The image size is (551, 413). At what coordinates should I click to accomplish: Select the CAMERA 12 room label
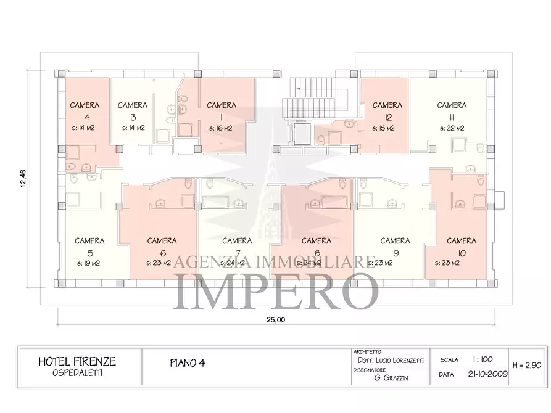(387, 105)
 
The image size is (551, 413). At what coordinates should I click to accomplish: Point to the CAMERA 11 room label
(451, 105)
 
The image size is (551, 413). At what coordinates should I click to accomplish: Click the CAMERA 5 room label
(89, 241)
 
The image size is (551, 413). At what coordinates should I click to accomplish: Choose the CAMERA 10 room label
(461, 241)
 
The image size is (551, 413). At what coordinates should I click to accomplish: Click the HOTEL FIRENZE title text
(77, 361)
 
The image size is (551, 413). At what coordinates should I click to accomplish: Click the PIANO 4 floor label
(187, 363)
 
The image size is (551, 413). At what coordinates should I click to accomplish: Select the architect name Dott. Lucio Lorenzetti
(386, 359)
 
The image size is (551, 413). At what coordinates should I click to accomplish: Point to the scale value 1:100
(483, 359)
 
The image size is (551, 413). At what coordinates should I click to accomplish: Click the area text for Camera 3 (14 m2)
(133, 128)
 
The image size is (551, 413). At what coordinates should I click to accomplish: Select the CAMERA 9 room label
(395, 241)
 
